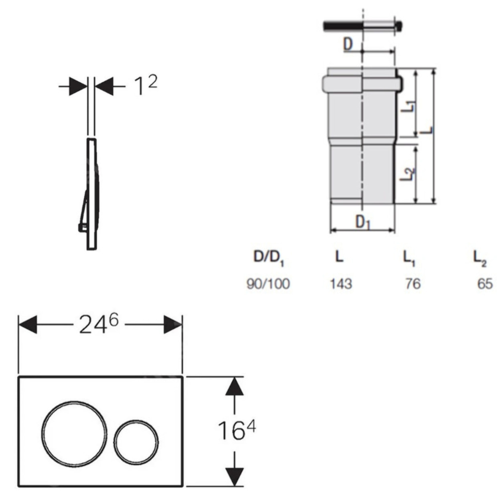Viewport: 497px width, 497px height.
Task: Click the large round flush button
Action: (x=75, y=433)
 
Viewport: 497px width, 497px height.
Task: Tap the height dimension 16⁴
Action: (x=236, y=431)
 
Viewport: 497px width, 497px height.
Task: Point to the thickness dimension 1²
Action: (x=145, y=85)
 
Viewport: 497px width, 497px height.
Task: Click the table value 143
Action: (x=341, y=284)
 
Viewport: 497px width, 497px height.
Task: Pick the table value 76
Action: (x=412, y=284)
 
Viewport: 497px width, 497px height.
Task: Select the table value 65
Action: (x=485, y=284)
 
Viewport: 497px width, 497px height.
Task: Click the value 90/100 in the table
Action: (x=268, y=284)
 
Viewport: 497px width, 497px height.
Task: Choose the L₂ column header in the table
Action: (x=479, y=258)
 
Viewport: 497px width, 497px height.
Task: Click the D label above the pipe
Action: (x=348, y=44)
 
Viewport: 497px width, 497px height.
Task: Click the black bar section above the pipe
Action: (x=343, y=26)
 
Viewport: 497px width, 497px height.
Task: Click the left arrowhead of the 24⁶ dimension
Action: (x=28, y=325)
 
